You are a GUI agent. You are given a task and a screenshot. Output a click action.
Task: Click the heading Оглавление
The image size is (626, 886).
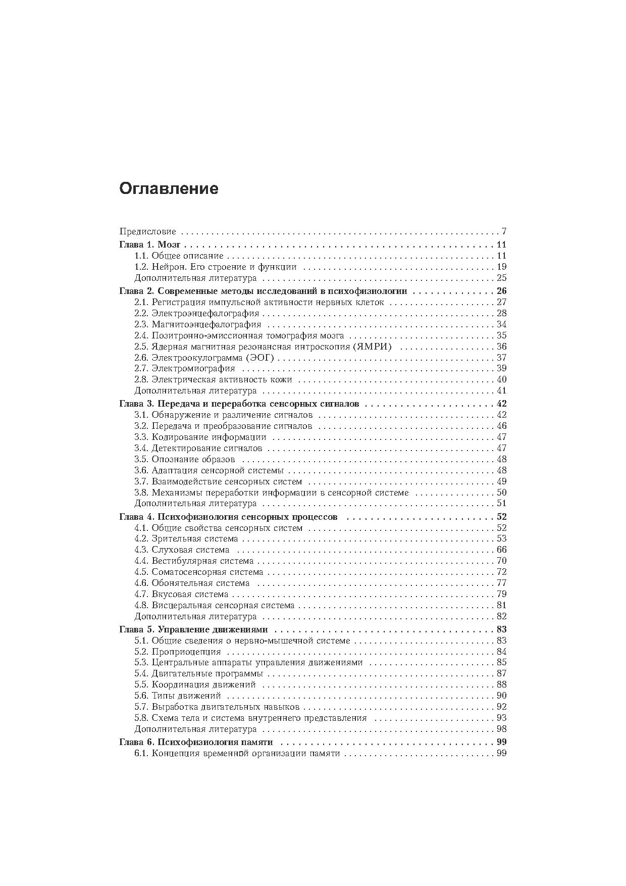[169, 189]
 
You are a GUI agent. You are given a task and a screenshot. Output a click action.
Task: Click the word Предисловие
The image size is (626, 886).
[147, 232]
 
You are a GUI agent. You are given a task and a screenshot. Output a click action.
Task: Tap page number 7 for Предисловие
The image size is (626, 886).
[504, 232]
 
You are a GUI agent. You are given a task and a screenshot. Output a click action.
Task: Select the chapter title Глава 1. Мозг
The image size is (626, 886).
[150, 245]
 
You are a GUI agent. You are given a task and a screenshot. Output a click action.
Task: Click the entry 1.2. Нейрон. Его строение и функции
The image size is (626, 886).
[216, 267]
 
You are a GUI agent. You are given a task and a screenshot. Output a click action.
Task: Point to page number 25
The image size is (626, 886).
[501, 278]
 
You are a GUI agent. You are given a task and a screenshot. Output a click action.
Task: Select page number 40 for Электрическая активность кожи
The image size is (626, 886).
[501, 380]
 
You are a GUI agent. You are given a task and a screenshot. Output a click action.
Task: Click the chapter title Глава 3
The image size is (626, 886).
[239, 404]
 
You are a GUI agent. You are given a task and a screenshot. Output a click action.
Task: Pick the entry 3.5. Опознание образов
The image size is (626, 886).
[185, 460]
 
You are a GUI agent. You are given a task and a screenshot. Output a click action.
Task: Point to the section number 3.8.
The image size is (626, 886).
[141, 493]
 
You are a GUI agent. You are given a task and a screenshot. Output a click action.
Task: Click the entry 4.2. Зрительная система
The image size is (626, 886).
[186, 539]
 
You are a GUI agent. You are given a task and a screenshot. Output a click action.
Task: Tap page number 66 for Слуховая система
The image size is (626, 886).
[501, 550]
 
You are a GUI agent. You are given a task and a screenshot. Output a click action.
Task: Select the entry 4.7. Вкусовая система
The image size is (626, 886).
[181, 595]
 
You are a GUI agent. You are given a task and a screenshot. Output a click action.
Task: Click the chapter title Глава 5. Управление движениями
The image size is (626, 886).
[193, 630]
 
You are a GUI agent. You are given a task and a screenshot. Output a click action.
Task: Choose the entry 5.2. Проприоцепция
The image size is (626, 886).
[178, 652]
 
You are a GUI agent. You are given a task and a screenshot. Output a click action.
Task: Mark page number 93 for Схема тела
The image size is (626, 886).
[501, 718]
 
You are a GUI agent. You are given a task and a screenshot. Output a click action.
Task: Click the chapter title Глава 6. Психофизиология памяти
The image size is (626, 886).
[196, 743]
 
